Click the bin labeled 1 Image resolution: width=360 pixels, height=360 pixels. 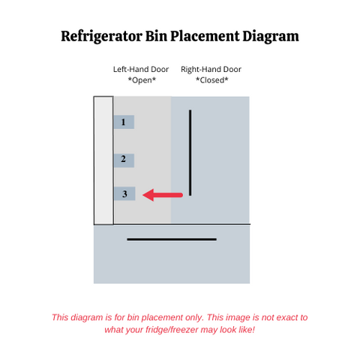coord(124,122)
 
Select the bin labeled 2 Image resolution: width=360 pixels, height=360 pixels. coord(124,160)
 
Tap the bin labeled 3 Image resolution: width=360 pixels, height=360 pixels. coord(124,193)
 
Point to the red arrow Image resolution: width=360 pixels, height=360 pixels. coord(163,195)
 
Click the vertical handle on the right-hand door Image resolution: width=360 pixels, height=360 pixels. coord(190,152)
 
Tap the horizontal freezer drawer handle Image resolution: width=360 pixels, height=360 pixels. coord(172,239)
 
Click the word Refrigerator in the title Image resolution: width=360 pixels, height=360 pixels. coord(101,37)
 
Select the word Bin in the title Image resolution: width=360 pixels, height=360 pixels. coord(156,36)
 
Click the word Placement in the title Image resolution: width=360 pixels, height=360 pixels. coord(205,36)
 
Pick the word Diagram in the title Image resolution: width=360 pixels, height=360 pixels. coord(271,37)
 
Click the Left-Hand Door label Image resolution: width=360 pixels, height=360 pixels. coord(141,69)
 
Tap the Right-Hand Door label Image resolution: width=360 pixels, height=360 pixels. coord(211,69)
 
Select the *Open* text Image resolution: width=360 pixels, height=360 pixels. coord(142,80)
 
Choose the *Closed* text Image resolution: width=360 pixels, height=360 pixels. coord(212,80)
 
